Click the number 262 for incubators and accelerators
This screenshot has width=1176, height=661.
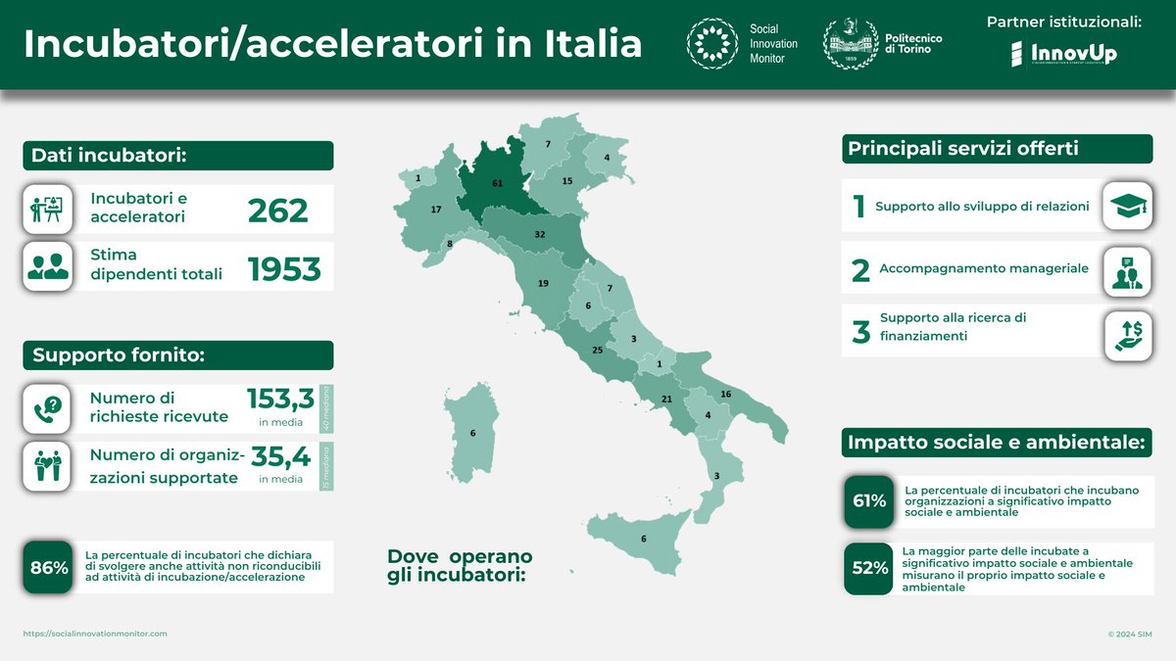(x=277, y=210)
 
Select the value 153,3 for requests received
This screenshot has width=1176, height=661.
(x=280, y=399)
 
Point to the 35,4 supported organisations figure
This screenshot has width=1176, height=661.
(x=281, y=457)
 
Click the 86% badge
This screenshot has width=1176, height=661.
(x=48, y=567)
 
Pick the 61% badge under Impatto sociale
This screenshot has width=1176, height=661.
(x=868, y=500)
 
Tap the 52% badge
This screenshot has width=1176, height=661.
(x=868, y=568)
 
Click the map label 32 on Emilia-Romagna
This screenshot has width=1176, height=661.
(x=540, y=235)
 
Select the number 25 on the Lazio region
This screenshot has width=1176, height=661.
(x=598, y=350)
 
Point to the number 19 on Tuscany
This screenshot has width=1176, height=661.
(x=543, y=284)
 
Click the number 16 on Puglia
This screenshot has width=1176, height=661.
(x=725, y=394)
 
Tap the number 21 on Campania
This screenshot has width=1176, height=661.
(x=666, y=399)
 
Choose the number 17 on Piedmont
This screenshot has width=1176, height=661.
(x=436, y=210)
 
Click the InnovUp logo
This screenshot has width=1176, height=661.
(x=1063, y=54)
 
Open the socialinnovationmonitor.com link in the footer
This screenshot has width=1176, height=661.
(x=95, y=634)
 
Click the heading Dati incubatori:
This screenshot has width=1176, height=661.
(x=110, y=155)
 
